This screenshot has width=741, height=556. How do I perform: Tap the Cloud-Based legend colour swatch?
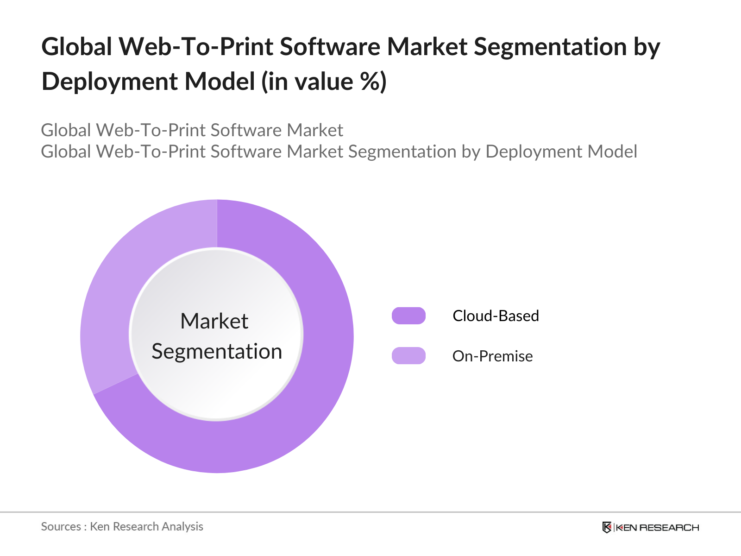408,316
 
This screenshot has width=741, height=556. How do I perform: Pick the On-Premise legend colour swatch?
408,356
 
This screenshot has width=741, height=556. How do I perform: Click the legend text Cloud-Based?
496,316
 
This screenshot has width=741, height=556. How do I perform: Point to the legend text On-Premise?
492,356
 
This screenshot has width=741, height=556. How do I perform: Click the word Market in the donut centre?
214,321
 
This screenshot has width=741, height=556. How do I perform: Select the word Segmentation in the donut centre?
217,351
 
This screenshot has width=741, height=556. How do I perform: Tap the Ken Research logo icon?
607,527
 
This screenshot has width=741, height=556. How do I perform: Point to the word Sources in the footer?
61,526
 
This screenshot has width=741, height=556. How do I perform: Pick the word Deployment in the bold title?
110,82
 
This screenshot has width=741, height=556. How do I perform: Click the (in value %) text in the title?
324,82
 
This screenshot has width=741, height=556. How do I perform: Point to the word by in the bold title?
647,47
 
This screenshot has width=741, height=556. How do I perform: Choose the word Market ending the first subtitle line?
315,130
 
